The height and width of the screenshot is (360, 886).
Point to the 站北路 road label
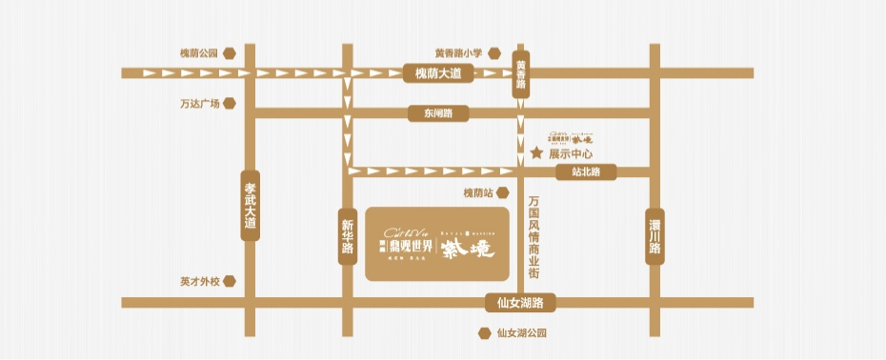pyautogui.click(x=586, y=171)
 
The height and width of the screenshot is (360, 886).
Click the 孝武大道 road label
pyautogui.click(x=251, y=207)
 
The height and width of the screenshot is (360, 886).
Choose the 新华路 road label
pyautogui.click(x=347, y=235)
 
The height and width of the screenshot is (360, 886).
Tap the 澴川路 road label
pyautogui.click(x=654, y=235)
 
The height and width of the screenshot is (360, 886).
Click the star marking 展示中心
pyautogui.click(x=536, y=152)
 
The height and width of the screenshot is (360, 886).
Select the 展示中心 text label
pyautogui.click(x=572, y=153)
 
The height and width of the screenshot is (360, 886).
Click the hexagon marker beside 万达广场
pyautogui.click(x=229, y=103)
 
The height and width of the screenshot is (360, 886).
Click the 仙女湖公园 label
pyautogui.click(x=522, y=334)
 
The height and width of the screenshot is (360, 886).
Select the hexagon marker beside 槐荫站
pyautogui.click(x=506, y=193)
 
